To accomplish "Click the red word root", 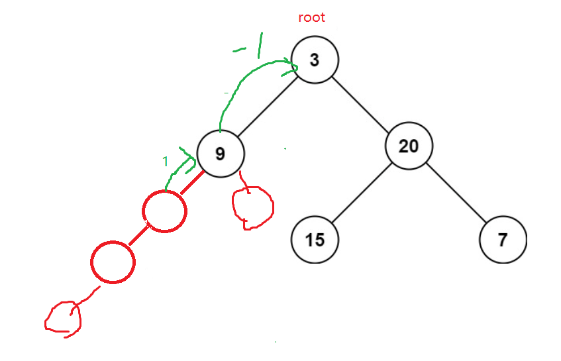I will [311, 18].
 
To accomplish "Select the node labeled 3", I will [315, 60].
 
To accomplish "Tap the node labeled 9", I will [221, 154].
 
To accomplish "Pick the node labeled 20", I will [409, 146].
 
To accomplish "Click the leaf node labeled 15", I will [315, 239].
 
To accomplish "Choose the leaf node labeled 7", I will [503, 239].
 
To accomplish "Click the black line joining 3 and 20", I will [362, 103].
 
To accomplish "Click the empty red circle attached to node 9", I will [165, 211].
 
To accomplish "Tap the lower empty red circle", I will [113, 263].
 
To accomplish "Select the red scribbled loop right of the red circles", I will [252, 205].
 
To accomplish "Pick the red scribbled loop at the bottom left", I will [63, 318].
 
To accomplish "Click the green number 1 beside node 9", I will [165, 161].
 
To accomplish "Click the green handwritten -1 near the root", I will [252, 46].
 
